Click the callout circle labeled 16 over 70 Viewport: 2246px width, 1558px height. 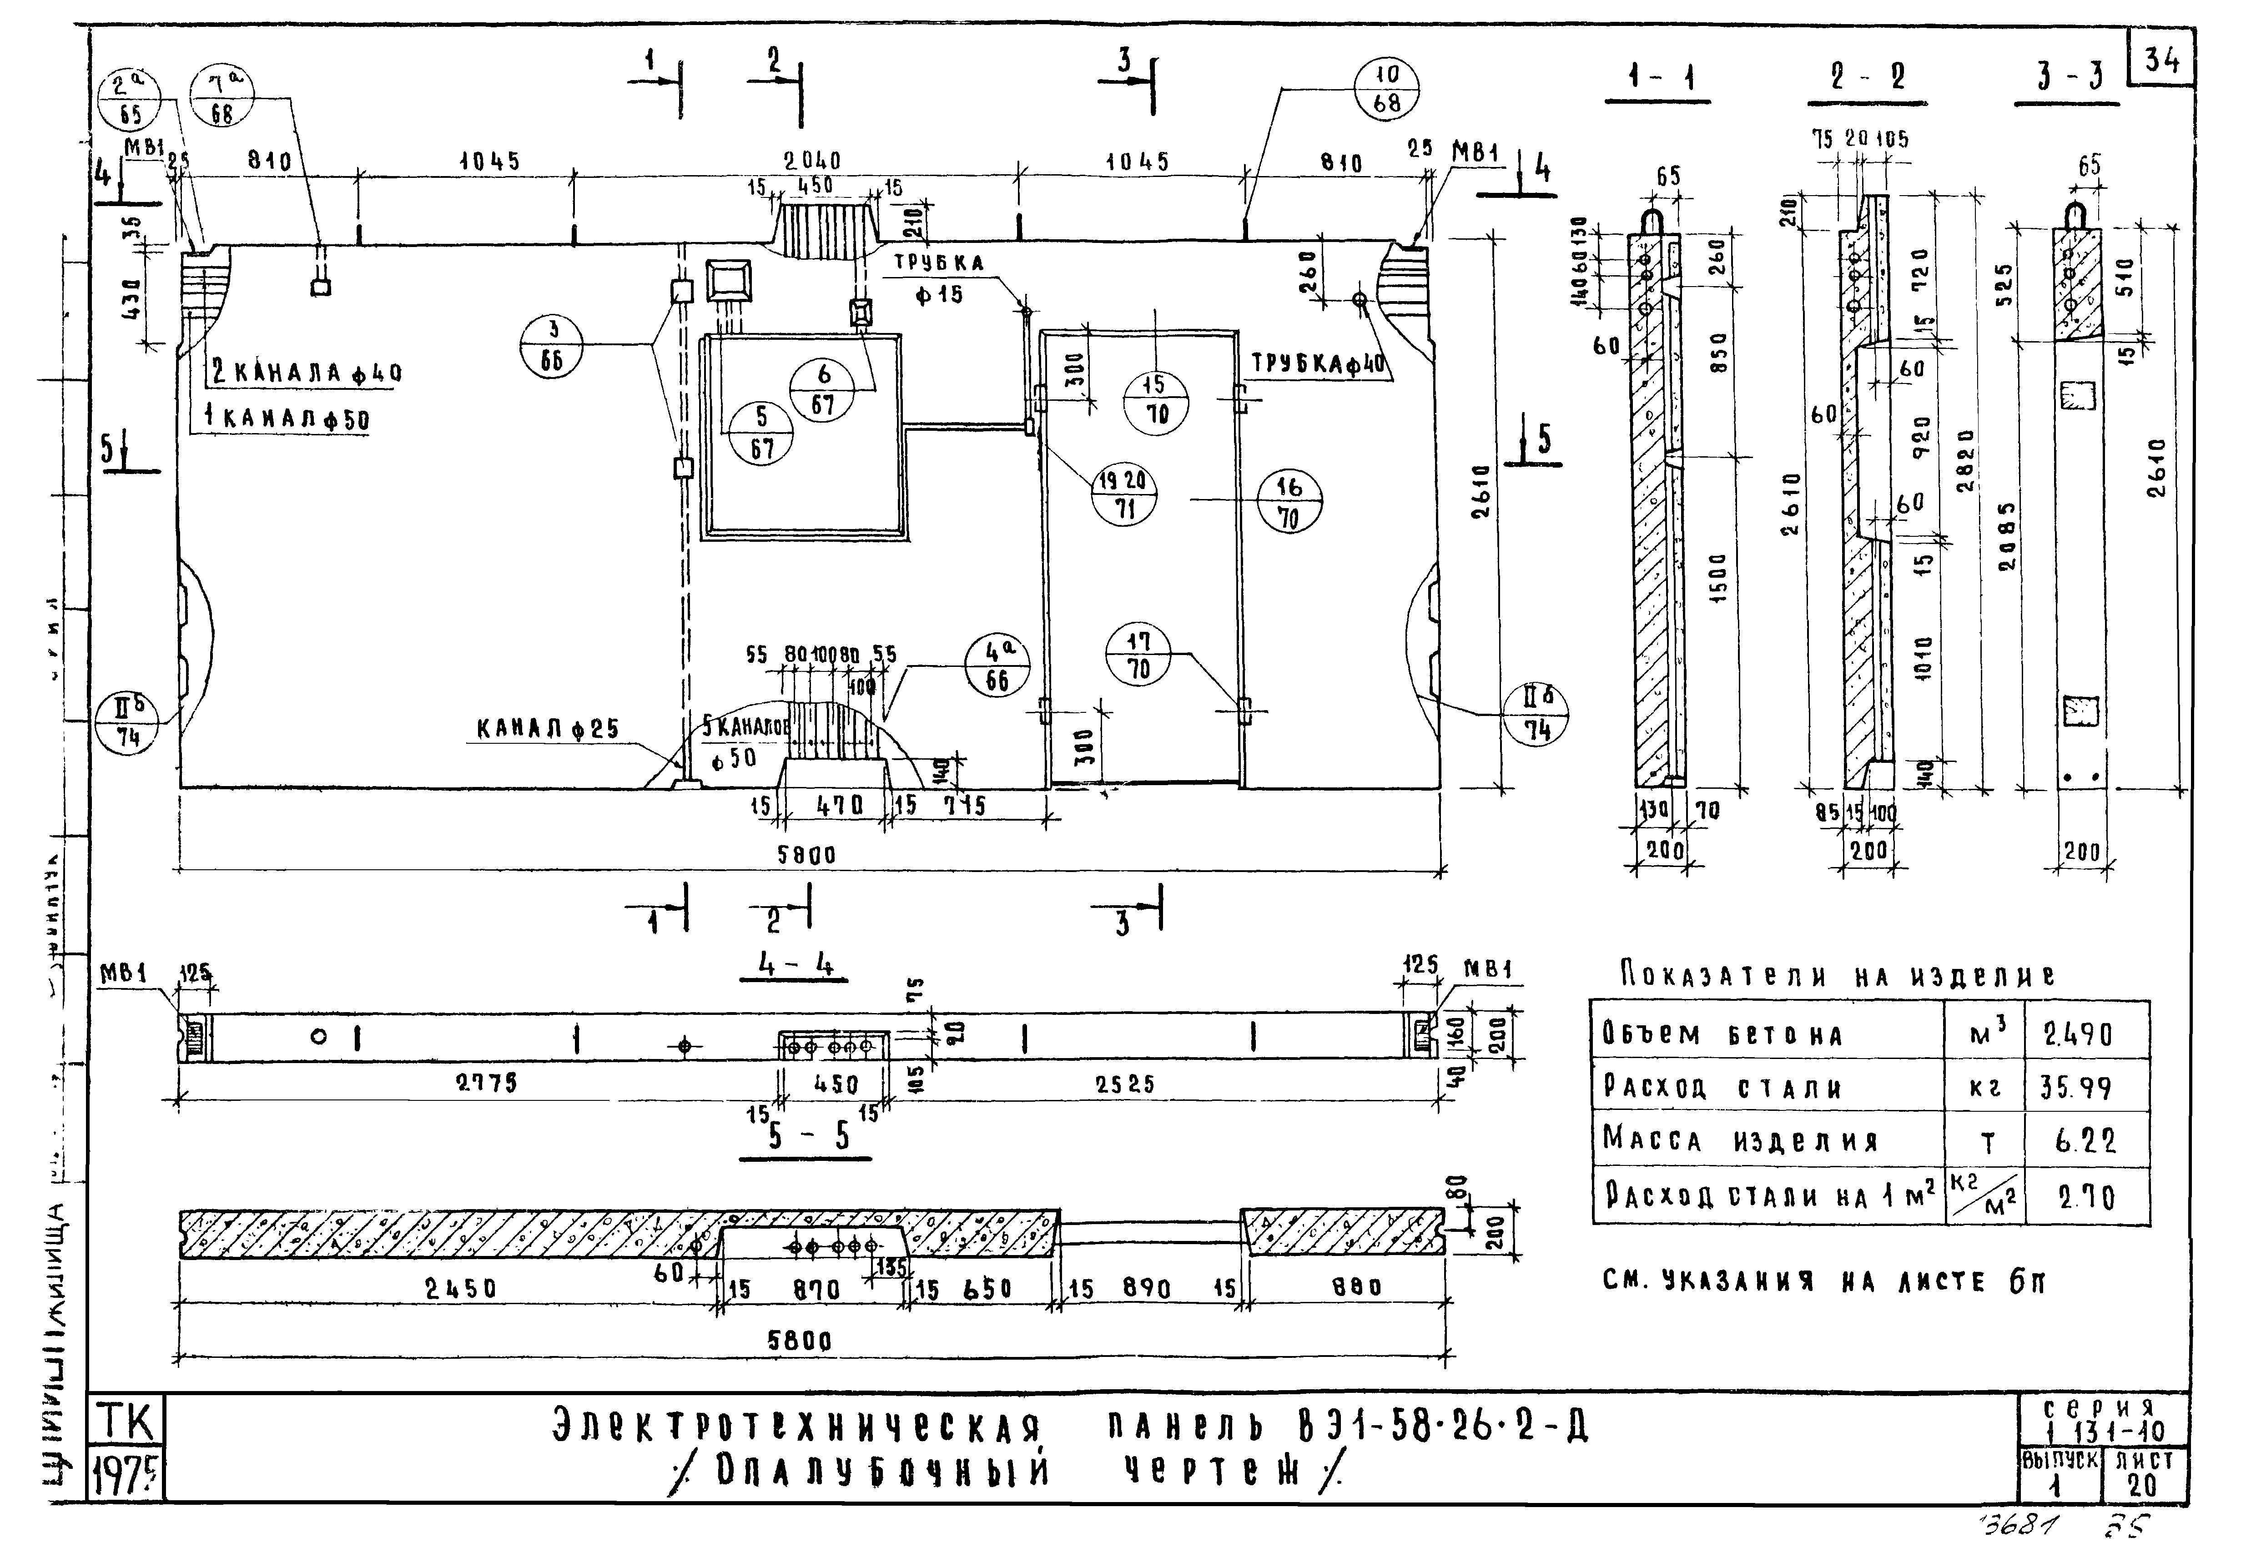(x=1289, y=502)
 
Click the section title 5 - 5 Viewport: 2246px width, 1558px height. (x=806, y=1136)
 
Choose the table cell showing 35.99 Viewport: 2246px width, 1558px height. (x=2077, y=1086)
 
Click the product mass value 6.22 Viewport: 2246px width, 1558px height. (x=2085, y=1140)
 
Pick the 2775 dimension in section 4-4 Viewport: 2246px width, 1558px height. (x=487, y=1084)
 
